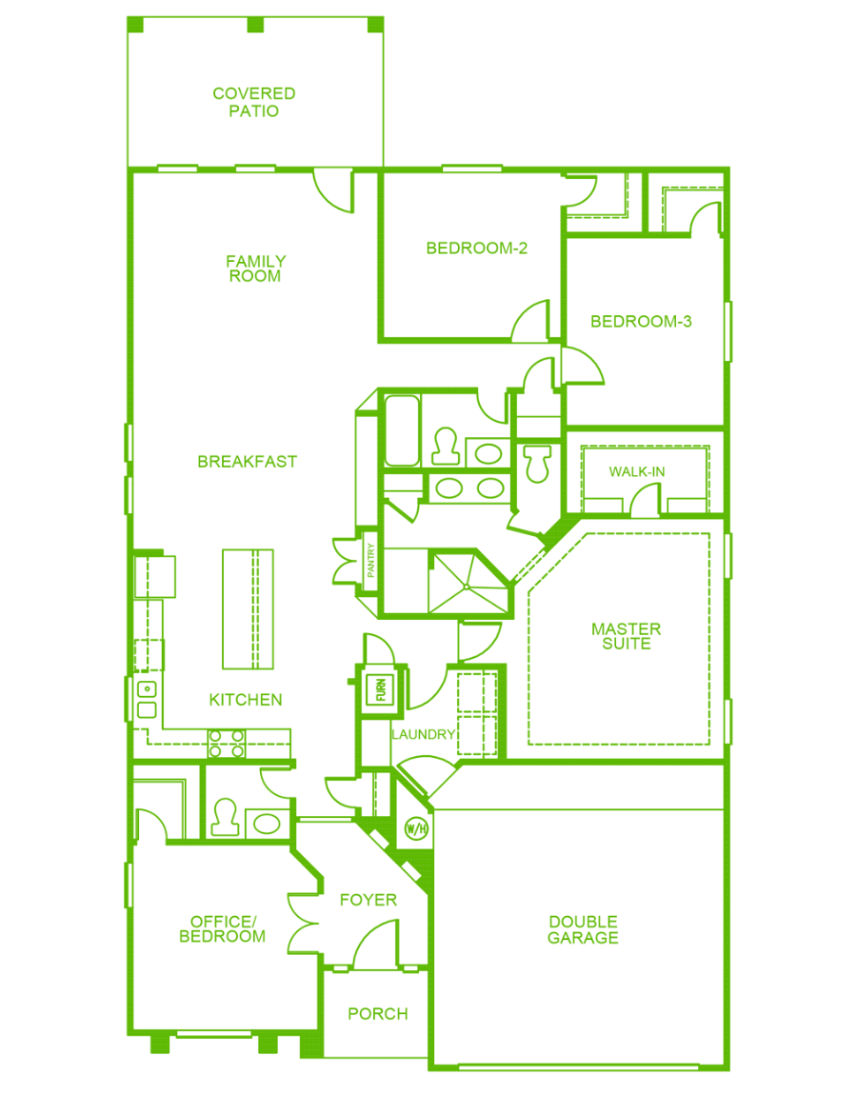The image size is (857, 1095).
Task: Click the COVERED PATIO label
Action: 253,102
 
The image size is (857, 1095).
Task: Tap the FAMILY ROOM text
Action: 255,269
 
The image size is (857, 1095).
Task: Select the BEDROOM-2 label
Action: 476,248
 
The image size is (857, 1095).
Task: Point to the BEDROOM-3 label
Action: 641,321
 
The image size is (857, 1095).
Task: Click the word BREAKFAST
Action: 248,462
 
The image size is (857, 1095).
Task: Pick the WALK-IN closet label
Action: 636,472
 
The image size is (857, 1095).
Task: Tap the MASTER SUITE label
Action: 626,636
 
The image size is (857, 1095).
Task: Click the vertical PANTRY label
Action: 370,560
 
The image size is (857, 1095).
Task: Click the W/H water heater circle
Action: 416,829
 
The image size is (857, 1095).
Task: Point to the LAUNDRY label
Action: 423,735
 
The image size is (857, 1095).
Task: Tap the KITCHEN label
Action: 246,700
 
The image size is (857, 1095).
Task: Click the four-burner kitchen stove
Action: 227,744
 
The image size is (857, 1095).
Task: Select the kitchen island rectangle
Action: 248,609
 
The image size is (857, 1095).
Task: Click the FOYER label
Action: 369,900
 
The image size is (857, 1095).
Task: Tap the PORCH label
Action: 378,1013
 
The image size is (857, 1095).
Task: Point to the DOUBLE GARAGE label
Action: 583,929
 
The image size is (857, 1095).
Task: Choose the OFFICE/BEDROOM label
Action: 222,928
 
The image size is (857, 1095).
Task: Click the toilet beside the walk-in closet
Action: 537,463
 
